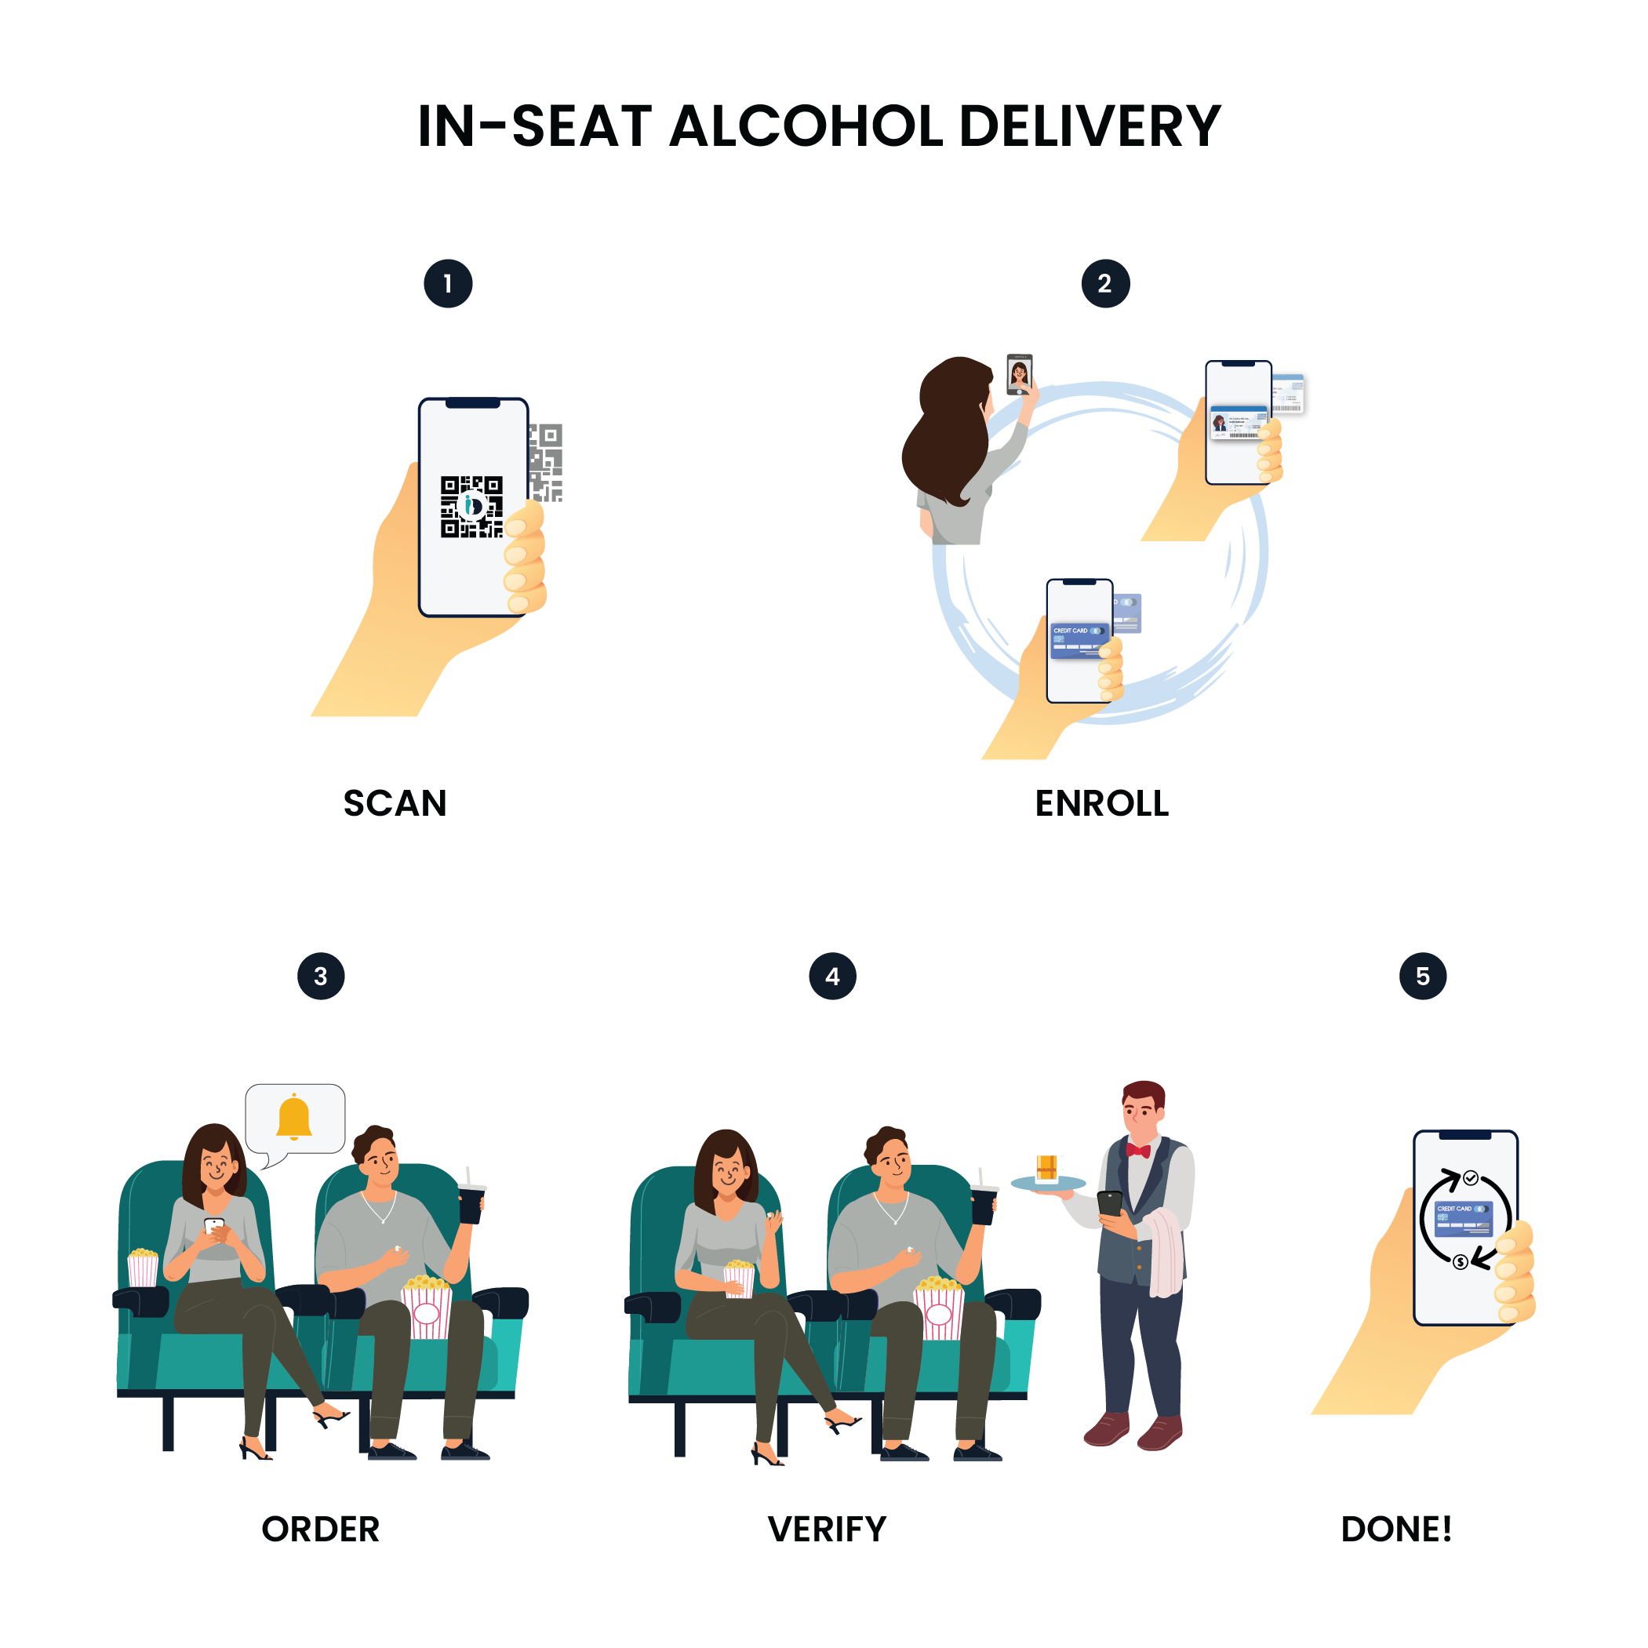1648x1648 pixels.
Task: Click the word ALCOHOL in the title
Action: (x=806, y=126)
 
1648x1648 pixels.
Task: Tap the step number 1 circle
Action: (x=448, y=283)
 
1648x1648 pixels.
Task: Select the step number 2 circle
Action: (x=1105, y=283)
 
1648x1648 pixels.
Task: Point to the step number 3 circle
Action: (x=321, y=976)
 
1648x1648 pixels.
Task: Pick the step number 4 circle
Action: (x=832, y=976)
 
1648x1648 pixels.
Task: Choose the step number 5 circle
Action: (x=1423, y=976)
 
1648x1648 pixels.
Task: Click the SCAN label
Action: (x=395, y=802)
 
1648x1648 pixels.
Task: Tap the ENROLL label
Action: (x=1102, y=802)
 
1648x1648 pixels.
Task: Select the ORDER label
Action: (x=321, y=1530)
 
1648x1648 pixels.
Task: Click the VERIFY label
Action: (x=827, y=1530)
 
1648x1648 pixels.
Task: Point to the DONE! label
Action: (x=1396, y=1530)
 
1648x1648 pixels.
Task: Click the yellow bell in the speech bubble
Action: (x=294, y=1117)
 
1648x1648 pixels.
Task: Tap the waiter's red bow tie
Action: (x=1138, y=1150)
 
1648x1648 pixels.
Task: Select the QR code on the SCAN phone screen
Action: (x=471, y=507)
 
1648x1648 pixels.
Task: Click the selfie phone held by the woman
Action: (x=1020, y=373)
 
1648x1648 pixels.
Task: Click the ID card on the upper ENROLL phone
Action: (x=1238, y=421)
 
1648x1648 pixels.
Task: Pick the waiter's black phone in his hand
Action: (x=1110, y=1203)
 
